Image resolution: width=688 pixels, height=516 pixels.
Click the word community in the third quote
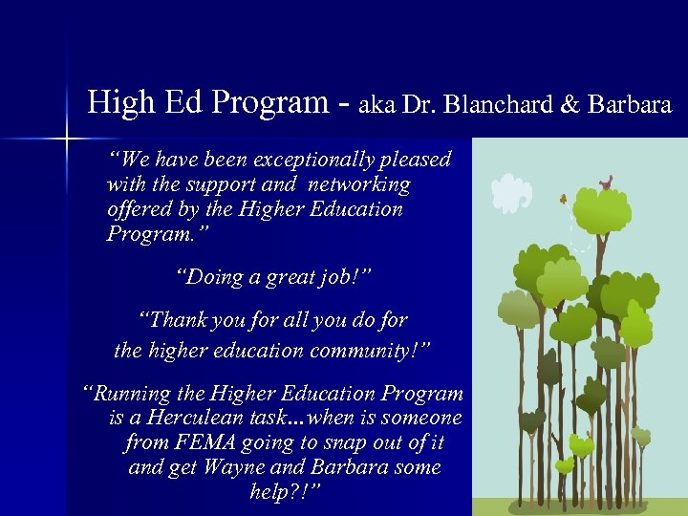[x=364, y=350]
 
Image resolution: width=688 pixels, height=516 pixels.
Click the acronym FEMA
[x=205, y=442]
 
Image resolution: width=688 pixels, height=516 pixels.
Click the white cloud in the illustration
[x=510, y=194]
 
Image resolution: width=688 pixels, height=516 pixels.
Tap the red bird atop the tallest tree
[x=604, y=182]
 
